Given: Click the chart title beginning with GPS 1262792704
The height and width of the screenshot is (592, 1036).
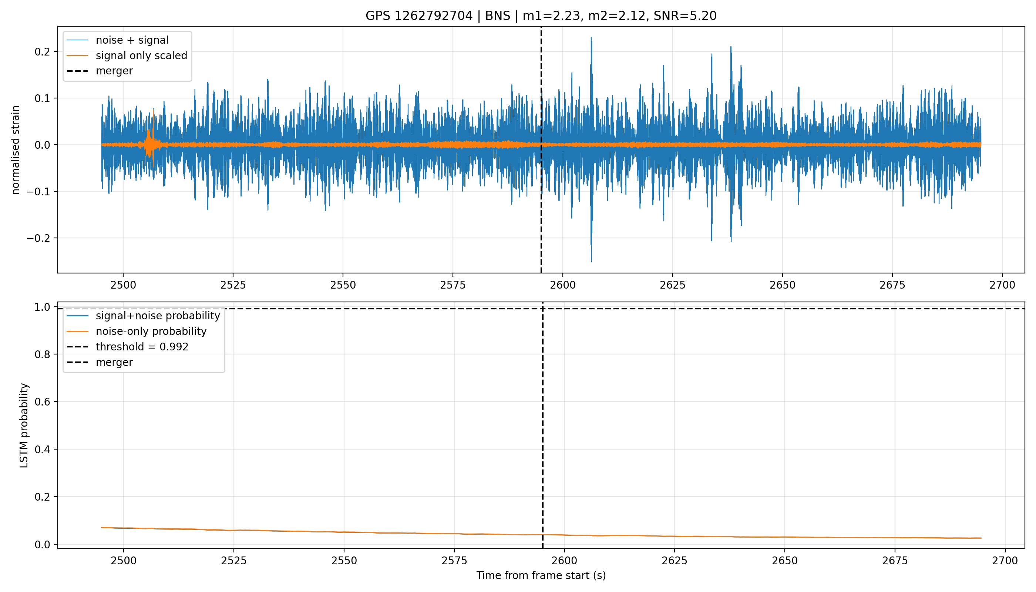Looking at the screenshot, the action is (x=541, y=16).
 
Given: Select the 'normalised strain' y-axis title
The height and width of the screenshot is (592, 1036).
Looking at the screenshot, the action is (x=16, y=150).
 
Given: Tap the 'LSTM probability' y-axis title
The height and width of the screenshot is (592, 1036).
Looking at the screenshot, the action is (x=24, y=425).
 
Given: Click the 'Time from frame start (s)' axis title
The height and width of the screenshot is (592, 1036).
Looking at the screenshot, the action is (x=541, y=576).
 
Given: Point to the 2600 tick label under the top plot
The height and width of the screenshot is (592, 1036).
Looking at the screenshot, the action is (x=563, y=285).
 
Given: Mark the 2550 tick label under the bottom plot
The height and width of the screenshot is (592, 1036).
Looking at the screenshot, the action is (x=344, y=561).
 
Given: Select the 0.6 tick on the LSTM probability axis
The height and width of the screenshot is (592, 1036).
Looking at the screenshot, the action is (x=44, y=402).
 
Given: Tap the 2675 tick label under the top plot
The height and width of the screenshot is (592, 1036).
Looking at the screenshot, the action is (x=892, y=285).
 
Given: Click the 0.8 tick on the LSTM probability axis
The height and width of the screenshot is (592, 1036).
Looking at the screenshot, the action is (x=44, y=354).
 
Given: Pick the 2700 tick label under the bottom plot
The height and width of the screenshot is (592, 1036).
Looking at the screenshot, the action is (x=1005, y=561).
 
